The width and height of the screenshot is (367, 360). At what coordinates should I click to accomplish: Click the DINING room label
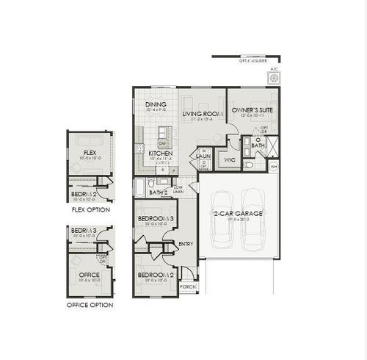coord(156,105)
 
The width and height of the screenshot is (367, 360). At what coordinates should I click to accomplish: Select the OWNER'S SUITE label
coord(252,111)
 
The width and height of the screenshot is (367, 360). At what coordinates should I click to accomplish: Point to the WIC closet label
coord(228,158)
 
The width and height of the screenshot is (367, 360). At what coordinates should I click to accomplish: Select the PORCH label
coord(188,287)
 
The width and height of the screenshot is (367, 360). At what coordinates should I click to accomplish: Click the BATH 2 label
coord(159,192)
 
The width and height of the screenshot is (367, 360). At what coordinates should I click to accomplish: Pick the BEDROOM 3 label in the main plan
coord(156,219)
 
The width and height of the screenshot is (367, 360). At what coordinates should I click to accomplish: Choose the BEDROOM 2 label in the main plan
coord(156,276)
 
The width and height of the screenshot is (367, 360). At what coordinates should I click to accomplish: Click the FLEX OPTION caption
coord(90,209)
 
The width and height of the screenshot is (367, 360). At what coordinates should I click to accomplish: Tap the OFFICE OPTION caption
coord(90,305)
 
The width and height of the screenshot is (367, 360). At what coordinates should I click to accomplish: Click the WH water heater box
coord(274,167)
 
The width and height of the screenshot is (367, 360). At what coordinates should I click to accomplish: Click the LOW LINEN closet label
coord(178,190)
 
